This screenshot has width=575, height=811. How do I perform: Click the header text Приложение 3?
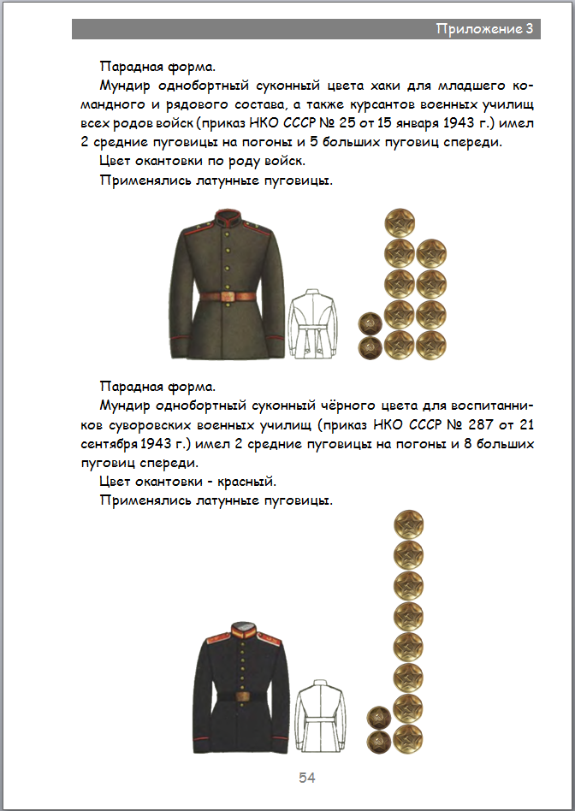pyautogui.click(x=484, y=29)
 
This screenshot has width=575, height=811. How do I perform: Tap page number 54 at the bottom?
pyautogui.click(x=307, y=778)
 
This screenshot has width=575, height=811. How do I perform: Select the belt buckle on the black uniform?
pyautogui.click(x=244, y=696)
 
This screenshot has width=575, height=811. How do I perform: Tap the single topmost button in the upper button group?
pyautogui.click(x=400, y=223)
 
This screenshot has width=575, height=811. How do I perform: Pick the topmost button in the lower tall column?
pyautogui.click(x=409, y=525)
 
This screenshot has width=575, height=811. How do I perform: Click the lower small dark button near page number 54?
pyautogui.click(x=378, y=742)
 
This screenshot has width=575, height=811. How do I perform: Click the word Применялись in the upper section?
pyautogui.click(x=145, y=181)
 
